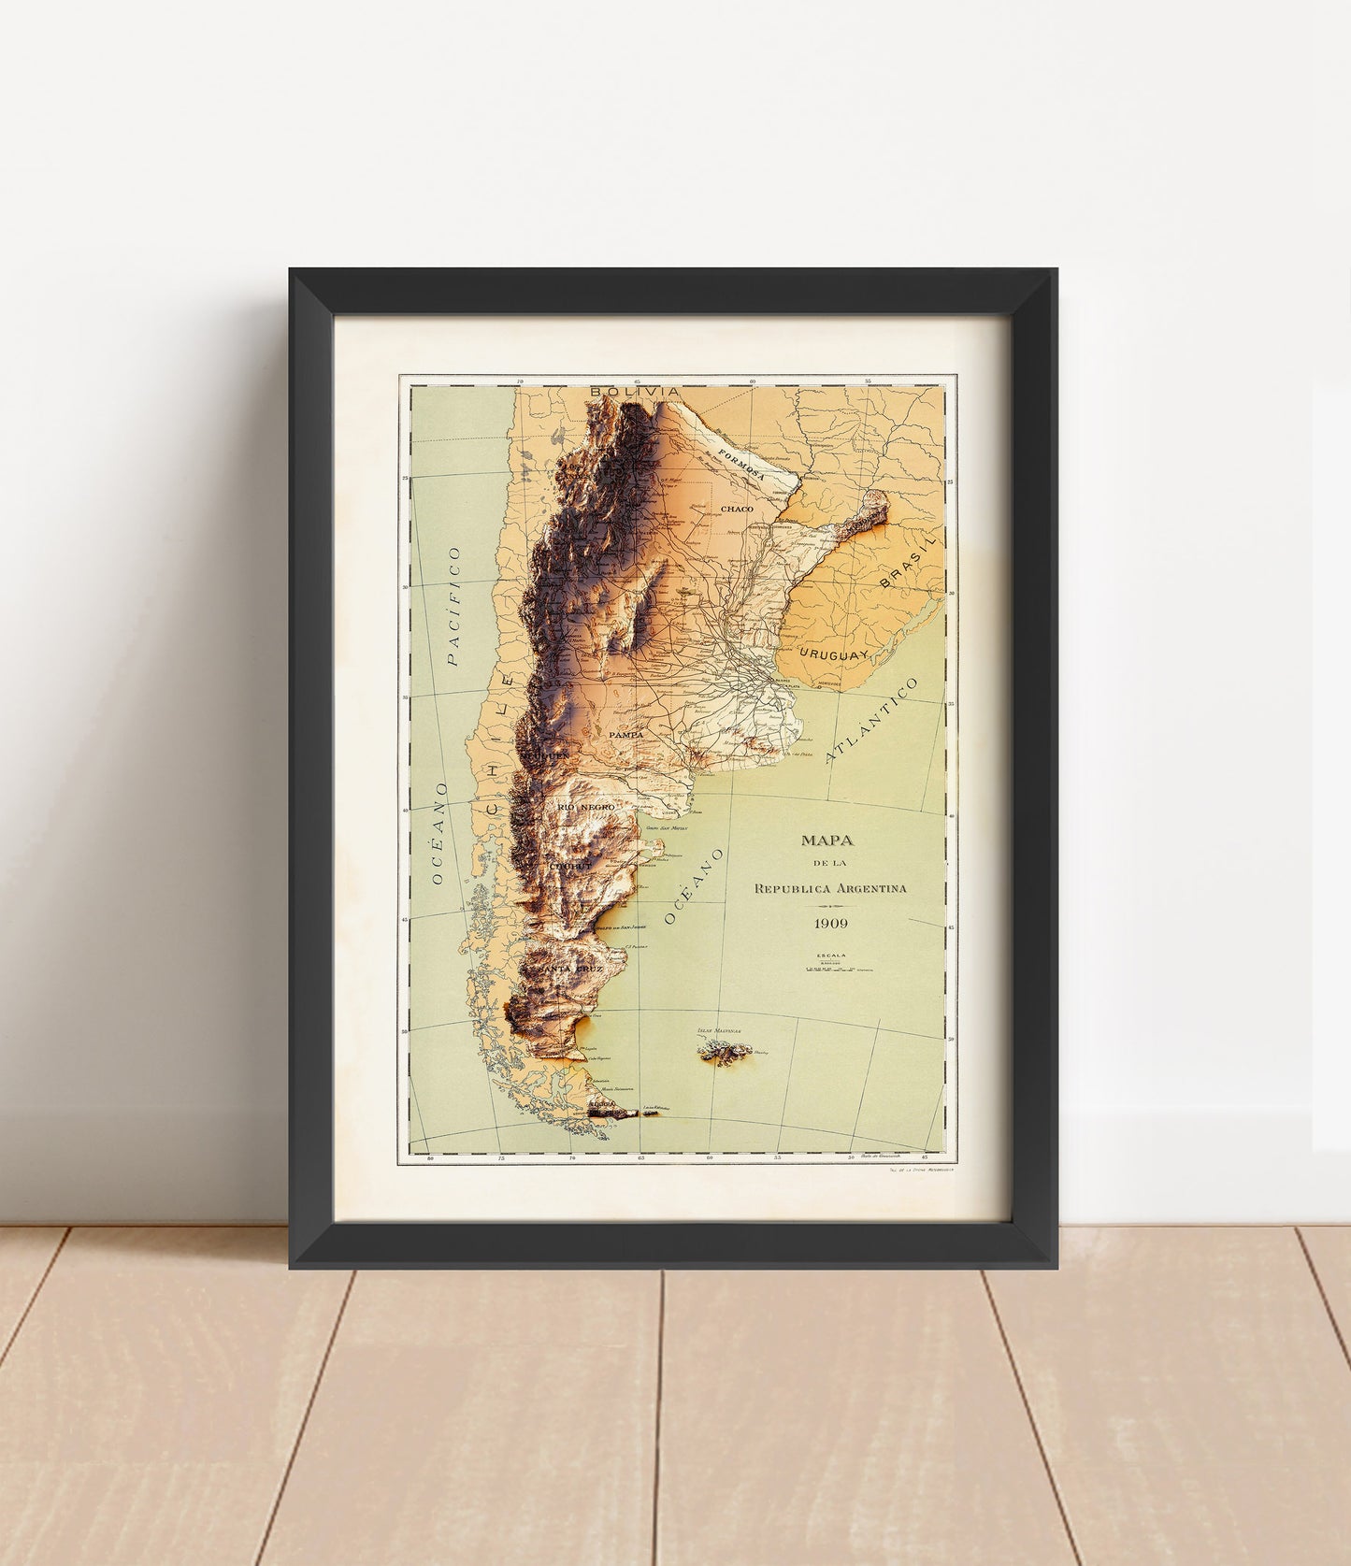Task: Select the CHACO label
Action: click(x=737, y=509)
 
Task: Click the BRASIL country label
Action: click(x=906, y=567)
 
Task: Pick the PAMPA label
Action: click(x=625, y=736)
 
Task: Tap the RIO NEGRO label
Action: click(x=585, y=806)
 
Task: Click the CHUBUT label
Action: click(x=572, y=867)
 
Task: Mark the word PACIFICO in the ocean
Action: click(x=455, y=607)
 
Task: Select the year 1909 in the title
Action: click(x=830, y=923)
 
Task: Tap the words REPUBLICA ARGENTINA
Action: click(x=830, y=888)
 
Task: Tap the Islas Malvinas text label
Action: click(x=719, y=1032)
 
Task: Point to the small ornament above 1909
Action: click(x=830, y=907)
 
